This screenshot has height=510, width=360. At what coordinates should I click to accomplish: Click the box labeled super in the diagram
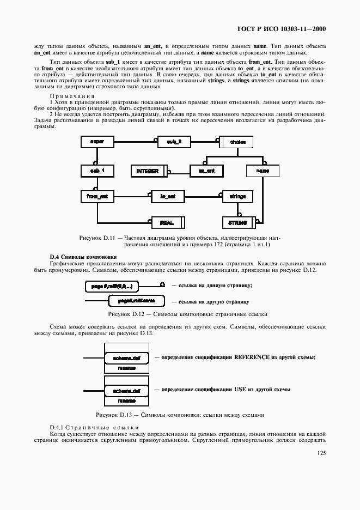click(x=97, y=142)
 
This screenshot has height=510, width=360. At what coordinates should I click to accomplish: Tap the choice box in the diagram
click(x=237, y=142)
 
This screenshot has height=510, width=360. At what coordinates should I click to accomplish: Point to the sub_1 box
click(x=97, y=171)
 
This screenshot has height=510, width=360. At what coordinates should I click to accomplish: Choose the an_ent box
click(x=206, y=171)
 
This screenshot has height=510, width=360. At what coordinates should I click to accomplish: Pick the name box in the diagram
click(x=262, y=171)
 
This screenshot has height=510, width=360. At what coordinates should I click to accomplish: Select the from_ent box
click(x=97, y=196)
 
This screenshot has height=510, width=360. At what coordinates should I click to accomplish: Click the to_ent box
click(x=168, y=196)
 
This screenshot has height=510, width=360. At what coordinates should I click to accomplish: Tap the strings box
click(x=237, y=196)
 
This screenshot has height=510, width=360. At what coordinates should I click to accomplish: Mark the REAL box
click(x=167, y=222)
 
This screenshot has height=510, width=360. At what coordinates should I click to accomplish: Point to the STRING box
click(x=238, y=222)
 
